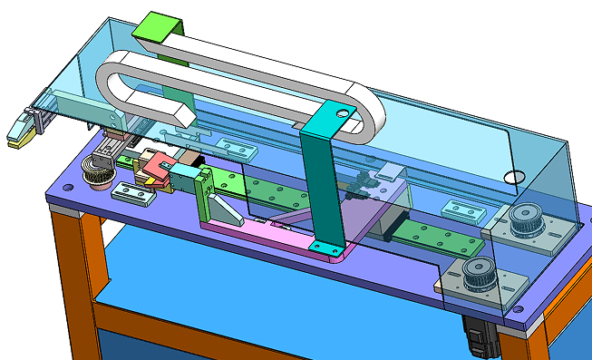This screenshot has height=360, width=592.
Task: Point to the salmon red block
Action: (160, 167)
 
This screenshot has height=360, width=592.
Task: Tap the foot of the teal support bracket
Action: (325, 247)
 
